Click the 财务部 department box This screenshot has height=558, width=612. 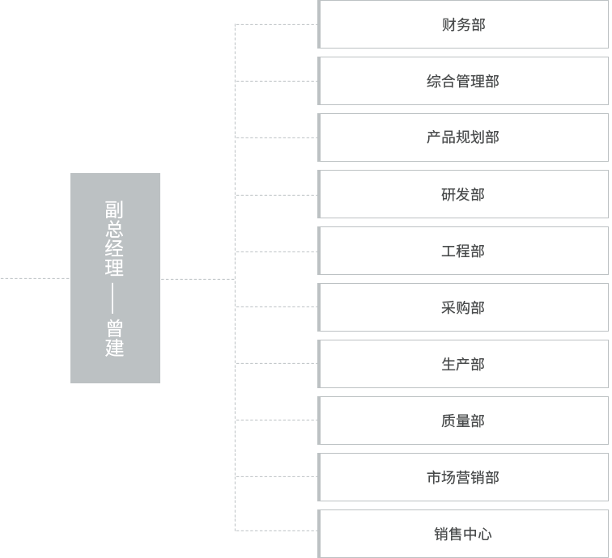pyautogui.click(x=462, y=24)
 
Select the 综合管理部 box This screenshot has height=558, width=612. pyautogui.click(x=462, y=81)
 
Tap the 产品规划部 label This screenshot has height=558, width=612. pyautogui.click(x=462, y=137)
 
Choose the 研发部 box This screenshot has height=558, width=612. pyautogui.click(x=462, y=194)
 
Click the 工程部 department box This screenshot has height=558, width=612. pyautogui.click(x=462, y=251)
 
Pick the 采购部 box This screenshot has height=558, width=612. pyautogui.click(x=462, y=307)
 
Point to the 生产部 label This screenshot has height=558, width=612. pyautogui.click(x=462, y=364)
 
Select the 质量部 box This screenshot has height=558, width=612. pyautogui.click(x=462, y=421)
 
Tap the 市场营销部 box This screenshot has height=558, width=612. pyautogui.click(x=462, y=477)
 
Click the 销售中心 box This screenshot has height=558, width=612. pyautogui.click(x=462, y=534)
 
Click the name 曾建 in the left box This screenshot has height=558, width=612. pyautogui.click(x=115, y=339)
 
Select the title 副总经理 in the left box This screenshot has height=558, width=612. pyautogui.click(x=115, y=239)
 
